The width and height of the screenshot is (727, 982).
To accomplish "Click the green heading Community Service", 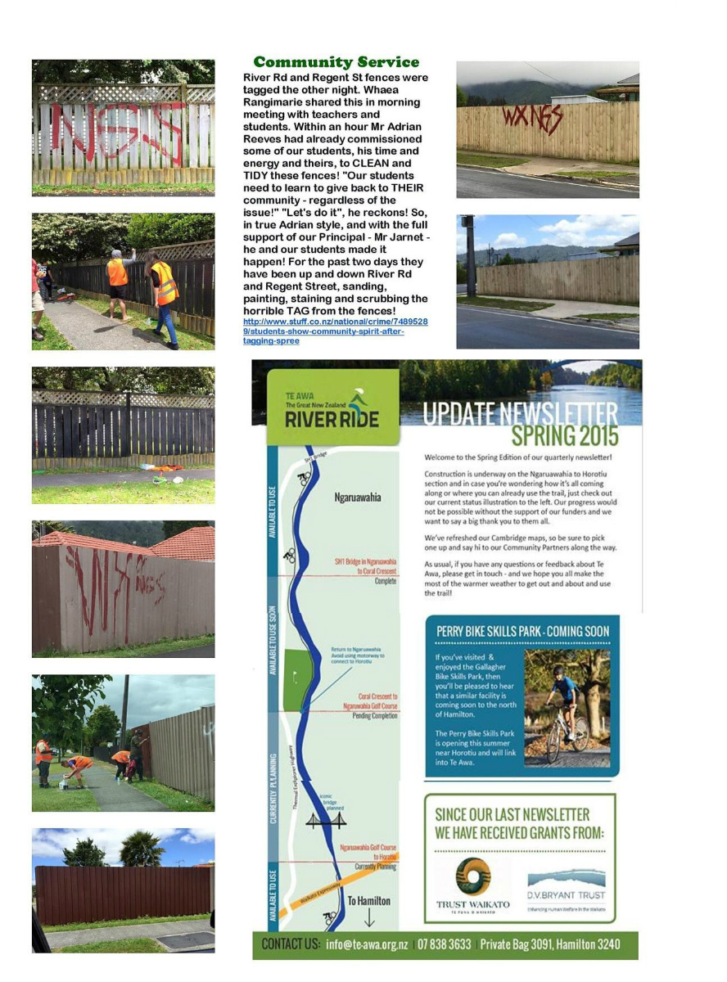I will (x=336, y=62).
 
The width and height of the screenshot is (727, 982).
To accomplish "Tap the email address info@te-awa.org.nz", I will (x=368, y=944).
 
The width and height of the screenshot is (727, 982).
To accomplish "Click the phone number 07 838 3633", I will (x=444, y=944).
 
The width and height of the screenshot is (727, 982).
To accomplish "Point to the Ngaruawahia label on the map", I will (x=358, y=498).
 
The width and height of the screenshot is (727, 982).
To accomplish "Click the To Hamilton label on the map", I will (x=368, y=900).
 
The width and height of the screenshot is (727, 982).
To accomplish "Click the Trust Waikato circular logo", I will (x=473, y=875).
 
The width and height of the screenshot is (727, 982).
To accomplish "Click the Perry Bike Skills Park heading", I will (x=522, y=631).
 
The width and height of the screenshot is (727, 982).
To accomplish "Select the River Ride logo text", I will (x=332, y=419).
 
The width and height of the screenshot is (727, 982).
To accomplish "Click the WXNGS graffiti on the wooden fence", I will (x=533, y=119).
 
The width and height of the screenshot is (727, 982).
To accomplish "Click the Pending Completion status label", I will (x=374, y=715).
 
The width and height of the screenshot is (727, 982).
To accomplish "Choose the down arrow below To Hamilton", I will (x=368, y=918).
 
